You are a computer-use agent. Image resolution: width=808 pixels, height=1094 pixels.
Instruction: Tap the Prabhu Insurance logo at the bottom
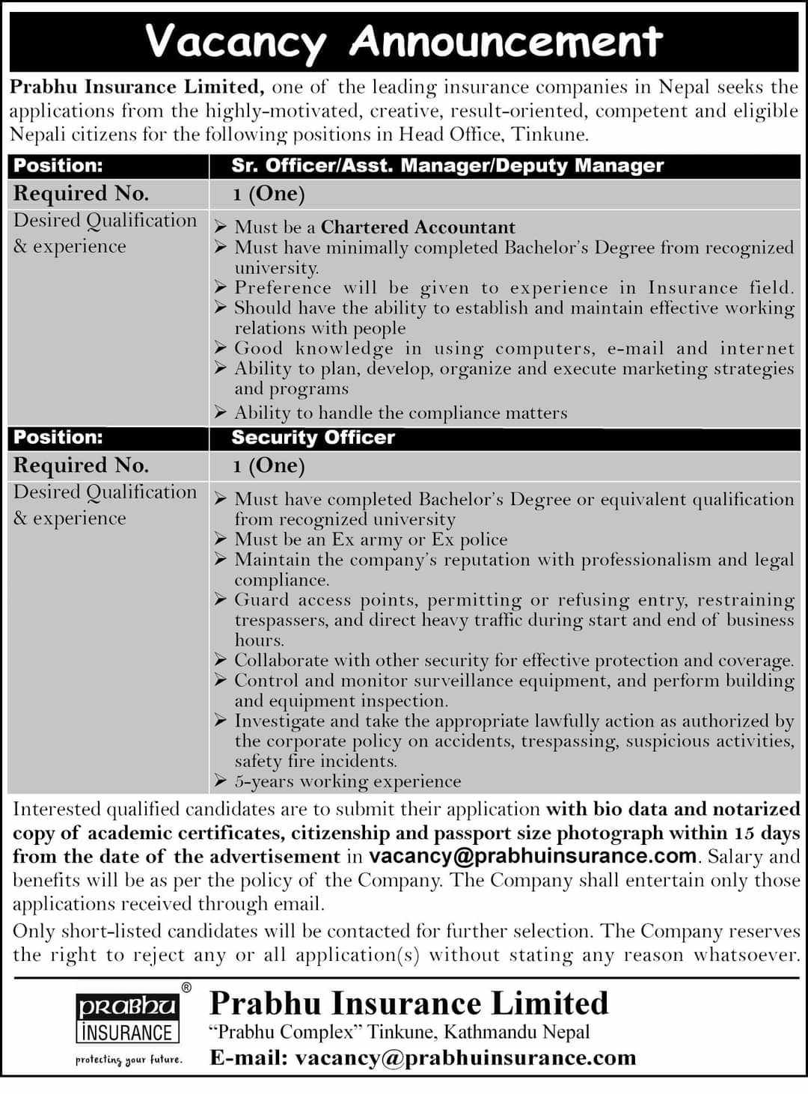pyautogui.click(x=127, y=1019)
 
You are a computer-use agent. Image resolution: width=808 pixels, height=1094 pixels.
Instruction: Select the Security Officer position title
pyautogui.click(x=313, y=438)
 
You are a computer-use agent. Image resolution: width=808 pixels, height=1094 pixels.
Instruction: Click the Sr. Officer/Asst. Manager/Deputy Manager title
pyautogui.click(x=447, y=166)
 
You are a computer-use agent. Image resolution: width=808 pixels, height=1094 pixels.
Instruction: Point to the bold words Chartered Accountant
pyautogui.click(x=418, y=227)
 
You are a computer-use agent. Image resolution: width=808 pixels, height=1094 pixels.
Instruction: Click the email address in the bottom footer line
pyautogui.click(x=465, y=1057)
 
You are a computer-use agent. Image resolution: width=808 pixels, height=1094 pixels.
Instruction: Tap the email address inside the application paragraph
pyautogui.click(x=533, y=856)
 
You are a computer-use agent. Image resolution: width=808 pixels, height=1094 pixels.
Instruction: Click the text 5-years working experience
pyautogui.click(x=348, y=781)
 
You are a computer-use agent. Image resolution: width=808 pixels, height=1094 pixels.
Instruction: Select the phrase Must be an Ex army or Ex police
pyautogui.click(x=371, y=540)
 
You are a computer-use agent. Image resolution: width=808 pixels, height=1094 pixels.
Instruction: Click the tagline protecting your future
pyautogui.click(x=128, y=1060)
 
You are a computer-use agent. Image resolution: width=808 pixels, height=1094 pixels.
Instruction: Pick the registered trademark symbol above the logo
pyautogui.click(x=186, y=988)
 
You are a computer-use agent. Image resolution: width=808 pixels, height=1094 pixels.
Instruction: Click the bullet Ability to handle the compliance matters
pyautogui.click(x=401, y=413)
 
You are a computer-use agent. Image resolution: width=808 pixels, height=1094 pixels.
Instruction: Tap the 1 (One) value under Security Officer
pyautogui.click(x=269, y=465)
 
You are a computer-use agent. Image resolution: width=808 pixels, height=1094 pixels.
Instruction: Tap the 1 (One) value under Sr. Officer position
pyautogui.click(x=269, y=194)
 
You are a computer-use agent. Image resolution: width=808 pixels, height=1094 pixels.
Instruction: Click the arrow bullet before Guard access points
pyautogui.click(x=220, y=599)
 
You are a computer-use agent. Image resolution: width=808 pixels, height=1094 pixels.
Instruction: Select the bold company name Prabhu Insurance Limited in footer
pyautogui.click(x=409, y=1003)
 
